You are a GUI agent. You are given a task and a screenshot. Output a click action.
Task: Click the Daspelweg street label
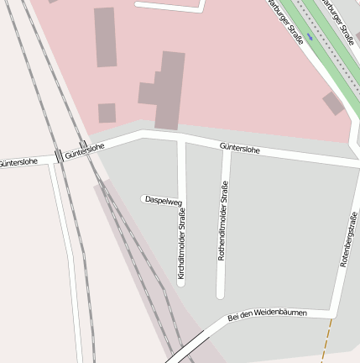163,200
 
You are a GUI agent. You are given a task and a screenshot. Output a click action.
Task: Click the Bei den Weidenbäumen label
268,315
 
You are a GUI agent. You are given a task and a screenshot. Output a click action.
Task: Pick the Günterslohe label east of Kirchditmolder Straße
239,150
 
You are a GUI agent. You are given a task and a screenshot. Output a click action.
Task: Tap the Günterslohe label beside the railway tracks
85,150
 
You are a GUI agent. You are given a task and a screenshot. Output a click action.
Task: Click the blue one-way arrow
310,38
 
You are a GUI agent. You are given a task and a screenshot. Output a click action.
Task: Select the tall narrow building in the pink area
105,37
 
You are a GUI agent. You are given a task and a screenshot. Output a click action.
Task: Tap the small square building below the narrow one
107,113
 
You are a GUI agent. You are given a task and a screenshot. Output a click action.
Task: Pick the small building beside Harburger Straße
333,103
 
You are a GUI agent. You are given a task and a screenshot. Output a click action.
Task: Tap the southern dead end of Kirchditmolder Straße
180,283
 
